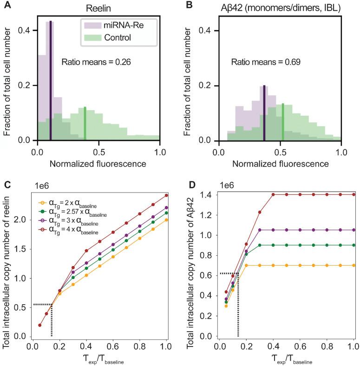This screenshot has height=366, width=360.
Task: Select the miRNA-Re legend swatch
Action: pyautogui.click(x=92, y=26)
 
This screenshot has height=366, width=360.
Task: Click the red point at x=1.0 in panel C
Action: pyautogui.click(x=166, y=195)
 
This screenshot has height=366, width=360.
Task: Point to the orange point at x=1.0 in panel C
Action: pyautogui.click(x=166, y=220)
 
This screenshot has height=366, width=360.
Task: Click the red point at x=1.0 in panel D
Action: pyautogui.click(x=353, y=194)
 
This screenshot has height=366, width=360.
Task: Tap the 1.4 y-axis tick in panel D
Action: pyautogui.click(x=207, y=194)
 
